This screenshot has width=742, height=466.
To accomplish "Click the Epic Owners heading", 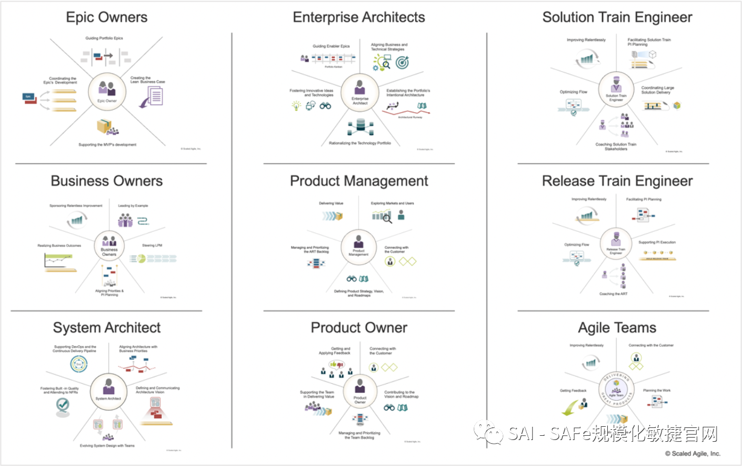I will [x=106, y=17].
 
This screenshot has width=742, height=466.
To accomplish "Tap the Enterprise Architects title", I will [x=359, y=17].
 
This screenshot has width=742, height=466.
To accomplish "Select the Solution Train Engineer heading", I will [x=617, y=17].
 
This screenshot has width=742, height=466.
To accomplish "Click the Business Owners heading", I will [x=106, y=181].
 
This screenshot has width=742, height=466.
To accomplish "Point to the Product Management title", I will [x=359, y=181].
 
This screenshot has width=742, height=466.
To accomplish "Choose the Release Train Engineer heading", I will [x=617, y=181].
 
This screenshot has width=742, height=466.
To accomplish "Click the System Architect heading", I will [x=106, y=328].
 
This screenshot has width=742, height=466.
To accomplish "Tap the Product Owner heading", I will [x=359, y=328].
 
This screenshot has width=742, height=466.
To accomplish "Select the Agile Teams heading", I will [x=617, y=328].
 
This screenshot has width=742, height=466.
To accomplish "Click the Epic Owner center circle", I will [x=107, y=92].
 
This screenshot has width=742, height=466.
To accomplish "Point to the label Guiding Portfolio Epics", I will [x=103, y=39].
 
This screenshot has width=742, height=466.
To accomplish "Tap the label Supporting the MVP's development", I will [x=107, y=145].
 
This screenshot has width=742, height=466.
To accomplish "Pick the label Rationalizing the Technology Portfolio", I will [x=360, y=143].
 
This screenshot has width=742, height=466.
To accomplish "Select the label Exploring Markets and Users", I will [x=392, y=203].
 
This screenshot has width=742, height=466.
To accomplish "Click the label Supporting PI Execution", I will [x=657, y=242].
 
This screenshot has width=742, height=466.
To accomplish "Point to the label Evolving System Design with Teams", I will [x=107, y=445].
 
